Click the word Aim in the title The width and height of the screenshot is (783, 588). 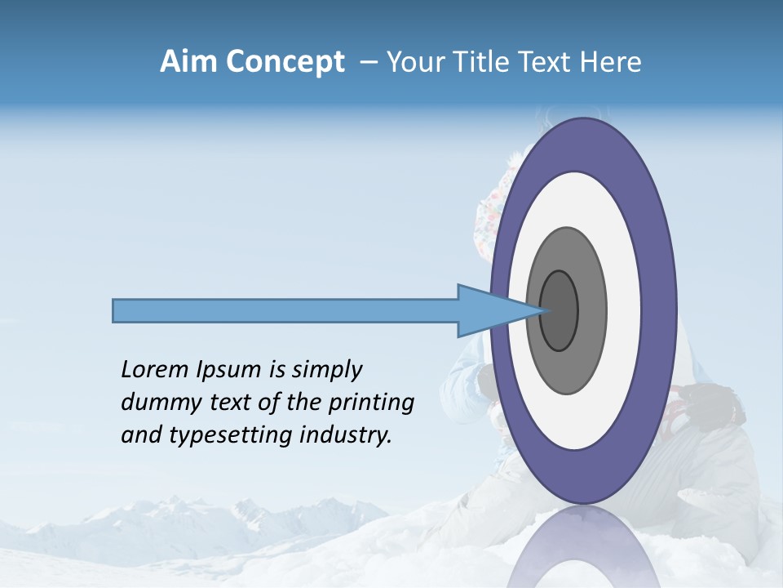point(188,62)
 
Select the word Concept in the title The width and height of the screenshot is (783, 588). point(285,62)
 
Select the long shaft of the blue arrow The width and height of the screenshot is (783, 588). point(285,310)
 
